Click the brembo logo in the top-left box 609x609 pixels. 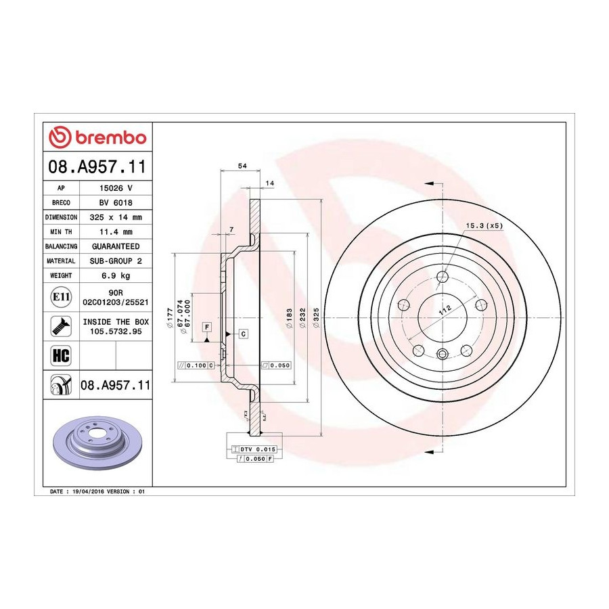[x=97, y=137]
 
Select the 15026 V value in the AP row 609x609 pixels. [x=116, y=188]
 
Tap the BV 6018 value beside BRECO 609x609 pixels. [x=116, y=203]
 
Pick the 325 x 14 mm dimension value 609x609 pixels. [x=116, y=217]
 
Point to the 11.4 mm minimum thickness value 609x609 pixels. [x=116, y=232]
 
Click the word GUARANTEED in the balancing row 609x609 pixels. [x=116, y=246]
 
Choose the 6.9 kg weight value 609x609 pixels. [x=116, y=276]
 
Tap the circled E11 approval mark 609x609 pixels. [x=61, y=297]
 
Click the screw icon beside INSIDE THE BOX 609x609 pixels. [x=61, y=326]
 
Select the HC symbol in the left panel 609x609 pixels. [x=61, y=355]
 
